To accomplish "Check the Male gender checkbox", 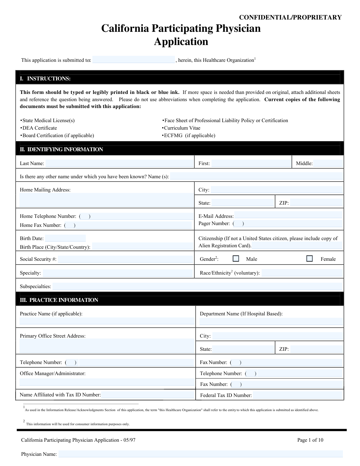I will (236, 259).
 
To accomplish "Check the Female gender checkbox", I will (309, 259).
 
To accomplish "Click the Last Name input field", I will (119, 164).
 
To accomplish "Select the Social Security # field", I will (125, 259).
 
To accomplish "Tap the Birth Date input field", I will (65, 239).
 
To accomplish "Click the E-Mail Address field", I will (288, 215).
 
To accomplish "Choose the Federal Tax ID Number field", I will (297, 395).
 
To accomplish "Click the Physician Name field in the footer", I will (200, 454).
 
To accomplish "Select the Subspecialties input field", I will (197, 286).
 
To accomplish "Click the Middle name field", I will (328, 164).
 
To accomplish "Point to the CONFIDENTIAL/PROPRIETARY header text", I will (290, 17).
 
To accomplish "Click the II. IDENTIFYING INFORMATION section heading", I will (61, 149).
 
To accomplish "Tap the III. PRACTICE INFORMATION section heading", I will (59, 300).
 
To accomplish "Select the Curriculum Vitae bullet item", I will (181, 128).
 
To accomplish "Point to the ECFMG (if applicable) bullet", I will (189, 135).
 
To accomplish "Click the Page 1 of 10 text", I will (310, 440).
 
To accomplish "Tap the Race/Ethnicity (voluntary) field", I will (302, 273).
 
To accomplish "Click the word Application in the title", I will (181, 41).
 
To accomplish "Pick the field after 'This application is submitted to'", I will (133, 60).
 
